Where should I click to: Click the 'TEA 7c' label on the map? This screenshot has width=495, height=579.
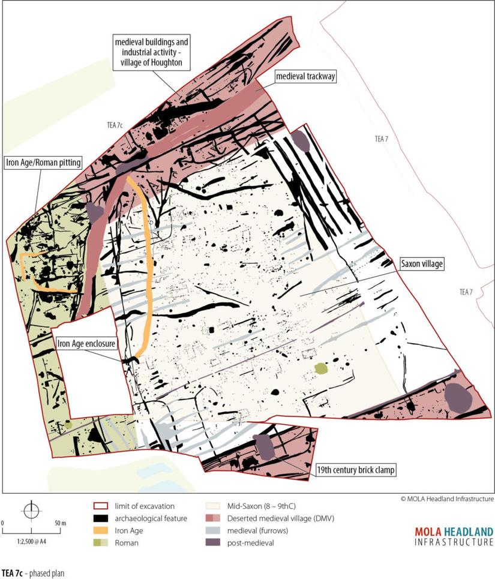[112, 124]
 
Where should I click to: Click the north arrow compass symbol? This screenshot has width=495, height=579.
[30, 509]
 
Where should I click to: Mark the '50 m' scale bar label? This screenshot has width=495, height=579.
[59, 523]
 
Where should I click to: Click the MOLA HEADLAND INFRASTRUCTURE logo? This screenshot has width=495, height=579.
[454, 536]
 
